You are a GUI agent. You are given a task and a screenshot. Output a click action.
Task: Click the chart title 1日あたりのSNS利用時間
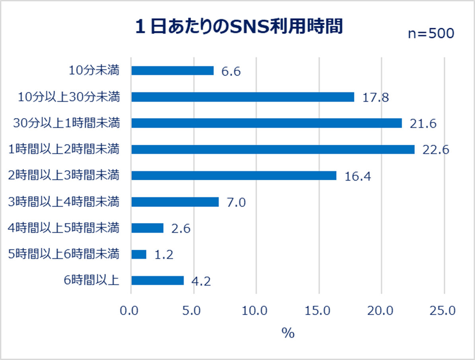[x=239, y=27]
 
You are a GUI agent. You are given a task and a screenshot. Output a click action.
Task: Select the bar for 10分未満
[x=172, y=70]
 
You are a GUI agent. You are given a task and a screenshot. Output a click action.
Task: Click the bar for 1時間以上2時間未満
[x=273, y=149]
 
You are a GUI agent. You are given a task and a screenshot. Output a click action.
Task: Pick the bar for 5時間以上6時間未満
[x=139, y=254]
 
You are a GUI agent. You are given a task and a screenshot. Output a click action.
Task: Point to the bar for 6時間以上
[x=158, y=280]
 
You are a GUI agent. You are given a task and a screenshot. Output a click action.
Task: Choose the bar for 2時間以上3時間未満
[x=234, y=175]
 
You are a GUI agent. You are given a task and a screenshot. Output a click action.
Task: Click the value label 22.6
[x=435, y=150]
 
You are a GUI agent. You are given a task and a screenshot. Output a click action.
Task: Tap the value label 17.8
[x=375, y=98]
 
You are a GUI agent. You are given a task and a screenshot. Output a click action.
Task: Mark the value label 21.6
[x=423, y=124]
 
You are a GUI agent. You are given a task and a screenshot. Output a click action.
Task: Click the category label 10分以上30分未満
[x=69, y=97]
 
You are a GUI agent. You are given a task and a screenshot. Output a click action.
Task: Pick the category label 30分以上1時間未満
[x=66, y=123]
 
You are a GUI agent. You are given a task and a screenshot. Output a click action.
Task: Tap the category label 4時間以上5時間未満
[x=64, y=228]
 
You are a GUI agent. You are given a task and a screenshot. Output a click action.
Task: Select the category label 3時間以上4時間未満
[x=64, y=202]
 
